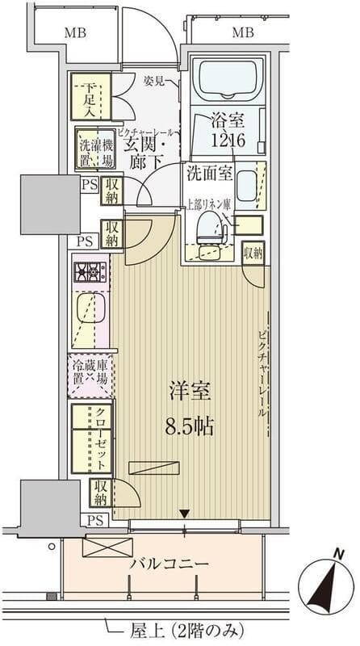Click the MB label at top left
tap(77, 33)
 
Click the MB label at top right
tap(243, 33)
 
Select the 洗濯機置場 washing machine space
tap(94, 149)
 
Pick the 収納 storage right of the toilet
tap(253, 253)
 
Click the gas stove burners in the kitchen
tap(90, 271)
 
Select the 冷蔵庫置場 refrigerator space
tap(90, 375)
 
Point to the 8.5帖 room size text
tap(191, 426)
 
